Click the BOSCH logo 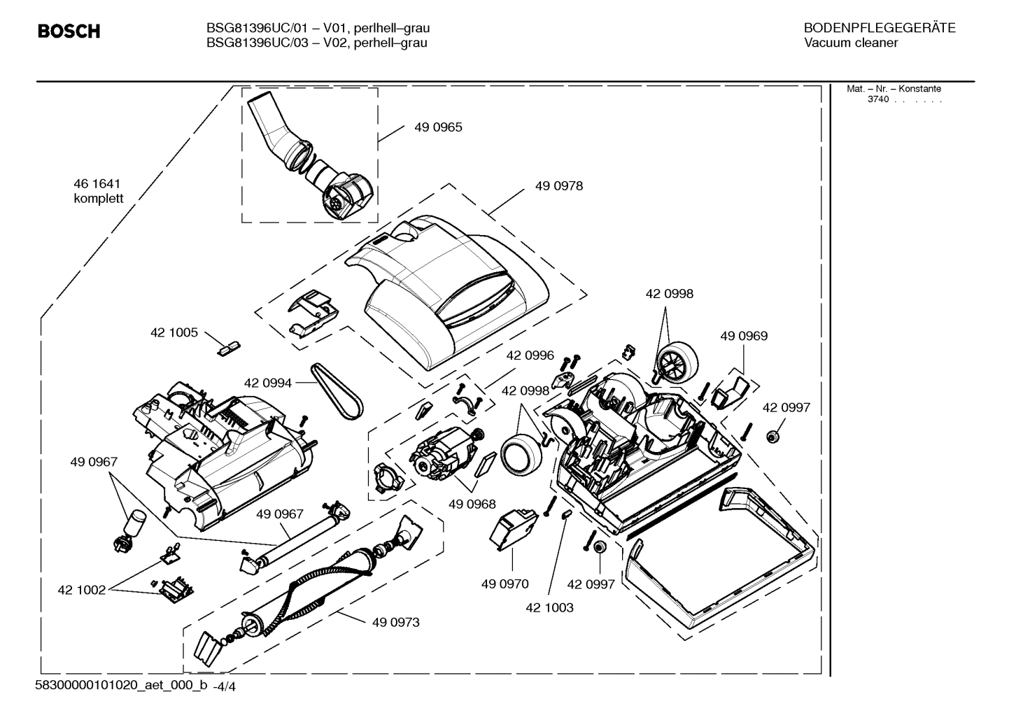(69, 31)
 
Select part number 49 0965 (438, 127)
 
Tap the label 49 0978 (558, 186)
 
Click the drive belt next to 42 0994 (337, 392)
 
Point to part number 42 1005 (174, 332)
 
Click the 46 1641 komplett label (98, 191)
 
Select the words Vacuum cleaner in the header (850, 43)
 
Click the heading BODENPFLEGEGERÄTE (879, 28)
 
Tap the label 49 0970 (504, 584)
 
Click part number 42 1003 (549, 607)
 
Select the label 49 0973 (396, 622)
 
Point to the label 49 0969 (744, 336)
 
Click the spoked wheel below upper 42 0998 (677, 362)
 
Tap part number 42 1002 (81, 590)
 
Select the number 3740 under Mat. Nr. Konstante (877, 99)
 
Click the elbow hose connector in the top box (308, 155)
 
